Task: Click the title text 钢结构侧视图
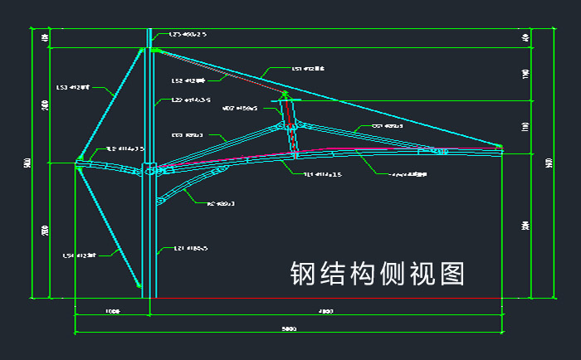pyautogui.click(x=376, y=273)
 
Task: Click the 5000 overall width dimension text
pyautogui.click(x=288, y=329)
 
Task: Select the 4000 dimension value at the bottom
pyautogui.click(x=325, y=312)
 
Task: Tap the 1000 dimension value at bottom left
pyautogui.click(x=112, y=312)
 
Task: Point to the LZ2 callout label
pyautogui.click(x=184, y=100)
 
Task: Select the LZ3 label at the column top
pyautogui.click(x=188, y=35)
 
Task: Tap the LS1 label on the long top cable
pyautogui.click(x=307, y=70)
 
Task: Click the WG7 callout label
pyautogui.click(x=241, y=108)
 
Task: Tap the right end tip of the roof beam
pyautogui.click(x=500, y=148)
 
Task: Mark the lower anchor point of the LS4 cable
pyautogui.click(x=139, y=283)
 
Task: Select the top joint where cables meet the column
pyautogui.click(x=153, y=50)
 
